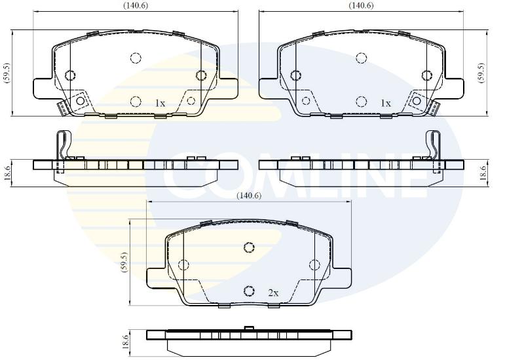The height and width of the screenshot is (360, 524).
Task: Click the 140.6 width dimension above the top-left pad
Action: pos(136,5)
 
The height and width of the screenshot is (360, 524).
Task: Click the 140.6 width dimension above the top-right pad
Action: pos(362,5)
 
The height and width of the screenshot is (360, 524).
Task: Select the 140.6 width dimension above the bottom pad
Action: pos(249,195)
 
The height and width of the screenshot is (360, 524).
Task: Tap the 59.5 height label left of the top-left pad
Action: pos(8,73)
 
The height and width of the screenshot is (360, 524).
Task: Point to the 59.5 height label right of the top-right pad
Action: pos(481,73)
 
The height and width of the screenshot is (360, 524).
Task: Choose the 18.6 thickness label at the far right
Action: pos(483,173)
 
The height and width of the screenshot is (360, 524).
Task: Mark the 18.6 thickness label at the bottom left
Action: pos(125,342)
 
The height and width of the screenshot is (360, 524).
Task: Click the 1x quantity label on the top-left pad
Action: pos(160,103)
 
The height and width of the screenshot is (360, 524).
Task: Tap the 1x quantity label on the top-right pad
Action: pos(386,103)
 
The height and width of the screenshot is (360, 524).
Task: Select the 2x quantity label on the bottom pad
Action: pos(273,293)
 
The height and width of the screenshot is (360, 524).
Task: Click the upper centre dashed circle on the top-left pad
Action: pos(136,58)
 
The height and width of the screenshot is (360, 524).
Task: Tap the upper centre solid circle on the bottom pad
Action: pos(249,247)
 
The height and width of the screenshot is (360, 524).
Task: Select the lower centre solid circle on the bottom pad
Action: pos(249,291)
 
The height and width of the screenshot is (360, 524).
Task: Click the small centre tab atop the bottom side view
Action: pos(249,329)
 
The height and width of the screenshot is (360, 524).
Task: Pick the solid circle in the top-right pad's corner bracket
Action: pos(417,101)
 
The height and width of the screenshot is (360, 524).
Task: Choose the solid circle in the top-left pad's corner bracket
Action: pos(80,101)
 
